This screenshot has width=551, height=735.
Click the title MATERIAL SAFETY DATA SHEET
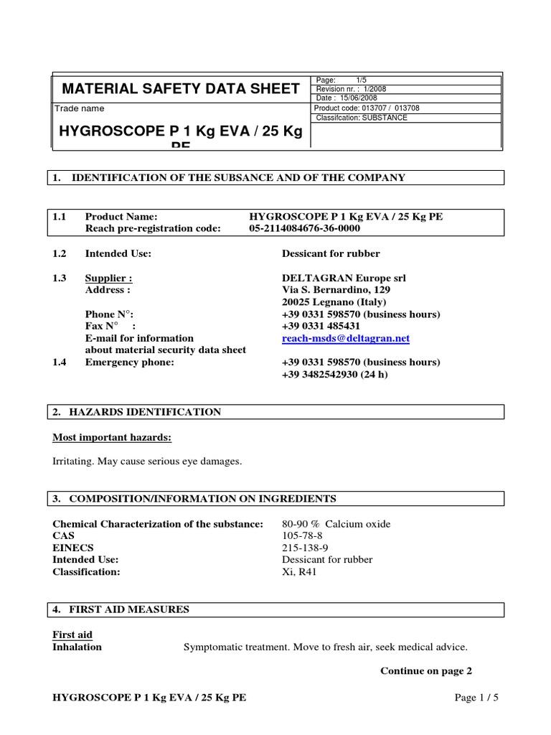(181, 89)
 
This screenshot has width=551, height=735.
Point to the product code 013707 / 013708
(392, 108)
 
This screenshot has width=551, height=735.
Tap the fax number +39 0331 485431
(321, 326)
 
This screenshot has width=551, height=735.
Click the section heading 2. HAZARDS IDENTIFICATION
(137, 412)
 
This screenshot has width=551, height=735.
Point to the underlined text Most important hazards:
(112, 438)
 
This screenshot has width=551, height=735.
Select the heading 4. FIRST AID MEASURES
(121, 609)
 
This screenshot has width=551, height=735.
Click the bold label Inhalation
(77, 647)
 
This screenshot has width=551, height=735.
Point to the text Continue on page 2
(425, 671)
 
